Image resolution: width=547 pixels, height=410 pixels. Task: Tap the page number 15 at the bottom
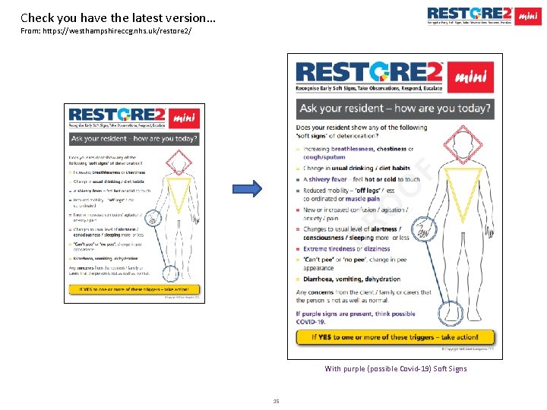tap(276, 401)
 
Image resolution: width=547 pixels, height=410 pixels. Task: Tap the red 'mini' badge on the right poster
tap(474, 75)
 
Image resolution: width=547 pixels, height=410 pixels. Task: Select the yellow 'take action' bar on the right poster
tap(394, 336)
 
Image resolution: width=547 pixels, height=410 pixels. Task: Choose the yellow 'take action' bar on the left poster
tap(134, 289)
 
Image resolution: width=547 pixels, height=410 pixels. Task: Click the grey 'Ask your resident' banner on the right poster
tap(394, 108)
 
